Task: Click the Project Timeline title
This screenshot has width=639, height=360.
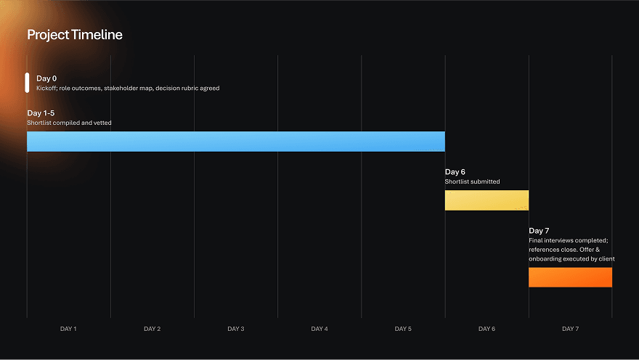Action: (75, 35)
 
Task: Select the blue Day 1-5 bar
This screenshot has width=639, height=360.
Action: (235, 142)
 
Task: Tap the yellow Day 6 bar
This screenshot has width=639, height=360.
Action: (487, 200)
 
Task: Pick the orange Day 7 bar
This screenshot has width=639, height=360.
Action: (570, 277)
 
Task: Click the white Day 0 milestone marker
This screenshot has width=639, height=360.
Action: (27, 83)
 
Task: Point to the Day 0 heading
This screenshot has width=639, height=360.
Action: (46, 78)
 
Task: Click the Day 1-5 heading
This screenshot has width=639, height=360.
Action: (41, 113)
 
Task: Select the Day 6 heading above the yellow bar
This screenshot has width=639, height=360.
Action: (455, 172)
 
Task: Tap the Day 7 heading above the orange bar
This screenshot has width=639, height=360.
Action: (539, 231)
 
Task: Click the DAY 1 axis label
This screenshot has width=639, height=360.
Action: (68, 329)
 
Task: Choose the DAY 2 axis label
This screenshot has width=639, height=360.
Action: (152, 329)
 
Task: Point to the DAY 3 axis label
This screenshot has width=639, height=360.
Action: (235, 329)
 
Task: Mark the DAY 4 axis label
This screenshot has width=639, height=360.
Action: (319, 329)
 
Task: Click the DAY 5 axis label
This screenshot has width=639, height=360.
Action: (403, 329)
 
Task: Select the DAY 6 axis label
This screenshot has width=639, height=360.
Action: (487, 329)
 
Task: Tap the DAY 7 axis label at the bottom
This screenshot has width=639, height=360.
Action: (570, 329)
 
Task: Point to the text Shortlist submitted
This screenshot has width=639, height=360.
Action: (472, 181)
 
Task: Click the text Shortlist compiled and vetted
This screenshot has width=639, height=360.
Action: (69, 123)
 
